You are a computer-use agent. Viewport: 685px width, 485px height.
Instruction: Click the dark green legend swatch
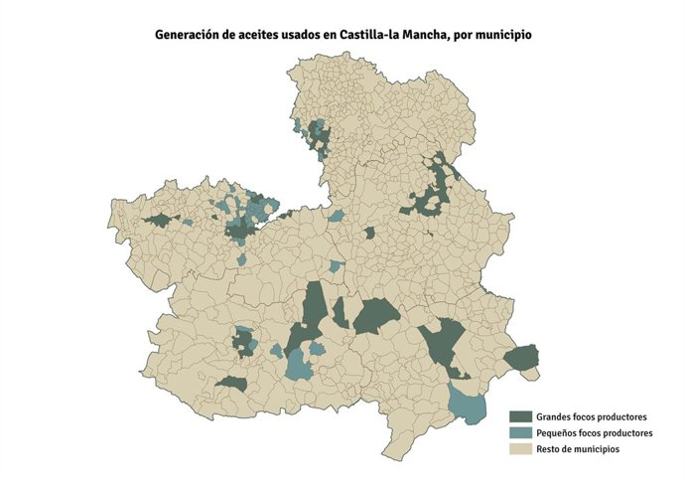click(x=520, y=416)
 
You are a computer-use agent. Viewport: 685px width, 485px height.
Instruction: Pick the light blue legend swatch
click(x=520, y=433)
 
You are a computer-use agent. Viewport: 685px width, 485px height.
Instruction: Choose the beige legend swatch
click(x=520, y=449)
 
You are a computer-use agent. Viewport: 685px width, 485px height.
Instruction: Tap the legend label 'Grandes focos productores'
click(x=592, y=416)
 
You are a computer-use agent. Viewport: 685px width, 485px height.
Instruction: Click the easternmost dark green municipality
click(x=521, y=357)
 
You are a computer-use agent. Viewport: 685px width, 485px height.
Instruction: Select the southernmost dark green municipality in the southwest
click(x=232, y=383)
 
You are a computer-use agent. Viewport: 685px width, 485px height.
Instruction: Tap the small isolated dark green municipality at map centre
click(x=369, y=233)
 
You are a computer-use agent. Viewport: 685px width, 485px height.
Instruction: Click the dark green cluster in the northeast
click(x=434, y=189)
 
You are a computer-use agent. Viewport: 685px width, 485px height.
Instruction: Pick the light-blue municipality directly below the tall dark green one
click(x=298, y=365)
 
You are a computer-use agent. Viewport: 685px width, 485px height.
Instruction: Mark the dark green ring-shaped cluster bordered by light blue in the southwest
click(x=243, y=343)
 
